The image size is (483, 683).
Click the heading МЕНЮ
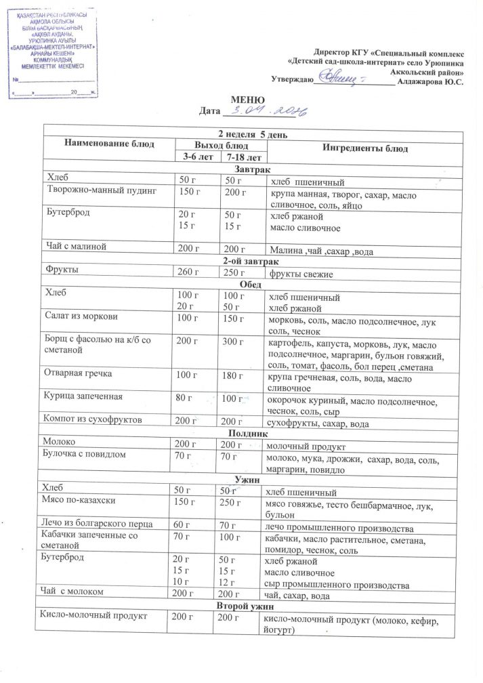pos(243,100)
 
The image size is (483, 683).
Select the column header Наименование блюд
pos(109,144)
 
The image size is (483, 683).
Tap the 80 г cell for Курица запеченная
pos(182,397)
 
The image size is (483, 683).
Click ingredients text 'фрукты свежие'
pos(301,274)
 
